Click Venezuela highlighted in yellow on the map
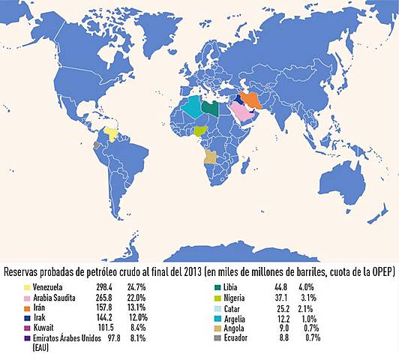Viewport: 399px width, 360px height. click(x=111, y=134)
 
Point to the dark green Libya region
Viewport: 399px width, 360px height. click(x=210, y=107)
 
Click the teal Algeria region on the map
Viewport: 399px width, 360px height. click(x=191, y=109)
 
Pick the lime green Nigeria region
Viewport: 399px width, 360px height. click(x=200, y=130)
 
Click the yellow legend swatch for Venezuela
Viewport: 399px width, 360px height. click(x=26, y=287)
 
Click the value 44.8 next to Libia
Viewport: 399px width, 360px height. click(x=286, y=287)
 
